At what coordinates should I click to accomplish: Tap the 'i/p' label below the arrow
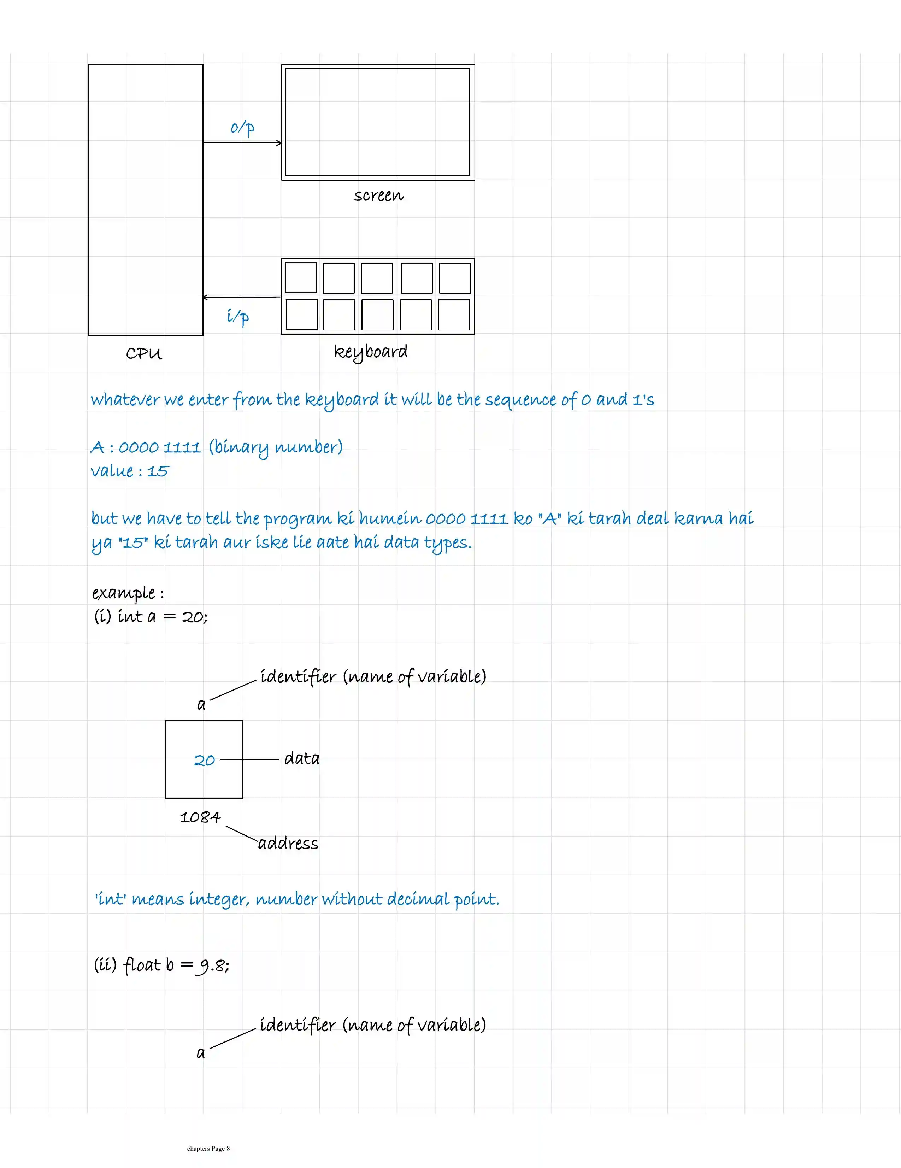click(237, 317)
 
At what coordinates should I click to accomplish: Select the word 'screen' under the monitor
click(378, 196)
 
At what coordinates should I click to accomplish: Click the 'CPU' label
click(144, 353)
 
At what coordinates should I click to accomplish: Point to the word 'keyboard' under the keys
click(371, 352)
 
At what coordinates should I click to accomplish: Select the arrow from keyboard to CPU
click(241, 297)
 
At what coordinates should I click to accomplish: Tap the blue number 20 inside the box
click(204, 760)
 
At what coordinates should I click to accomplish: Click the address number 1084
click(200, 817)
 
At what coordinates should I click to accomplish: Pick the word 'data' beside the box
click(302, 758)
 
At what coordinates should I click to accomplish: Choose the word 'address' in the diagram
click(288, 843)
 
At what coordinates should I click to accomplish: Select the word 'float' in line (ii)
click(142, 965)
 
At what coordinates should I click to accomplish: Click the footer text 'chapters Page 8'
click(208, 1148)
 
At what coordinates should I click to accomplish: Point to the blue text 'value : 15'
click(129, 471)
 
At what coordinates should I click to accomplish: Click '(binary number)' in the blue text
click(275, 447)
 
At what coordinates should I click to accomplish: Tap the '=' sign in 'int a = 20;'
click(170, 617)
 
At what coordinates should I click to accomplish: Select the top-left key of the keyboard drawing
click(301, 277)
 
